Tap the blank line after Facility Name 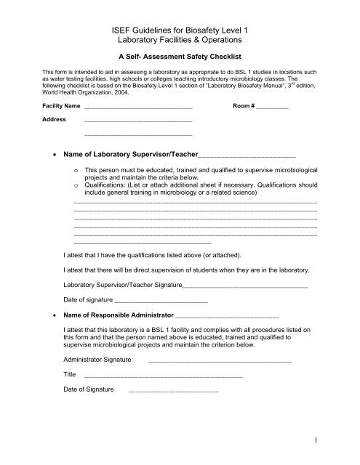(138, 108)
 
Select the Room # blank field (272, 108)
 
